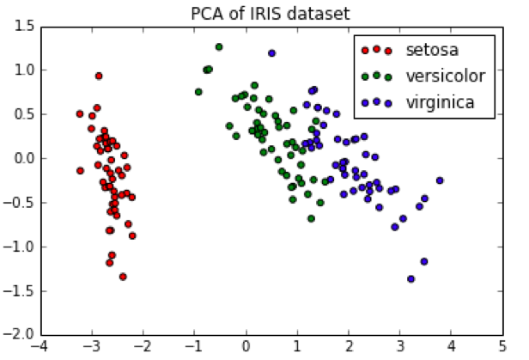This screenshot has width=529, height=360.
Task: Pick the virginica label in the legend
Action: coord(441,102)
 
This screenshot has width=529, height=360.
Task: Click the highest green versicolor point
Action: coord(219,46)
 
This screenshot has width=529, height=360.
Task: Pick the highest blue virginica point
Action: coord(272,53)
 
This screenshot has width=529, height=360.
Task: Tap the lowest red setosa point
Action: coord(123,277)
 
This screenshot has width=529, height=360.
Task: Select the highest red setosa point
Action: coord(99,76)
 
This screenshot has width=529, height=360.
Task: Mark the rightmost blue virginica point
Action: coord(440,180)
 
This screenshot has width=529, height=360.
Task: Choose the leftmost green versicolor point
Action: coord(198,92)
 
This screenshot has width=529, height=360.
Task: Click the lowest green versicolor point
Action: coord(311,218)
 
